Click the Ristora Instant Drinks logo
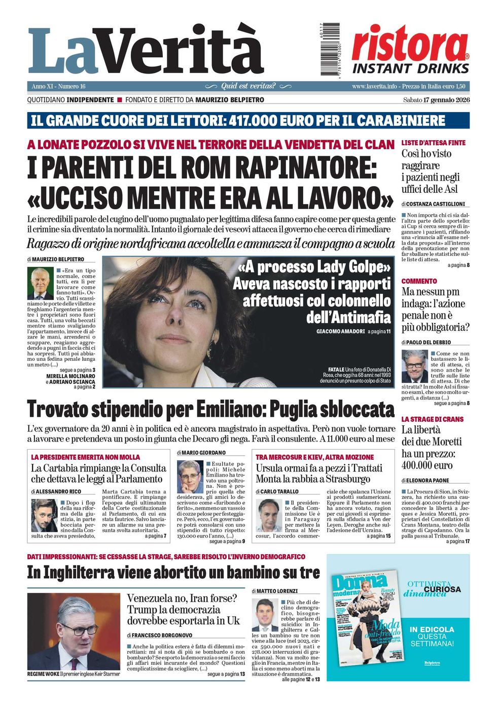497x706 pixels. pyautogui.click(x=410, y=50)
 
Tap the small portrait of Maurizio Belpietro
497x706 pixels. pyautogui.click(x=40, y=283)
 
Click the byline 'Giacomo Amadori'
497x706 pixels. pyautogui.click(x=340, y=331)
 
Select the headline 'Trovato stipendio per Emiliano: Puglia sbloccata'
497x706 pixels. pyautogui.click(x=210, y=409)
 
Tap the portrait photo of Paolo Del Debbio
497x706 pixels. pyautogui.click(x=415, y=366)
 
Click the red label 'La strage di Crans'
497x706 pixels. pyautogui.click(x=432, y=419)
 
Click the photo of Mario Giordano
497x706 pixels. pyautogui.click(x=190, y=477)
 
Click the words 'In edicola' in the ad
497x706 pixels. pyautogui.click(x=432, y=629)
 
